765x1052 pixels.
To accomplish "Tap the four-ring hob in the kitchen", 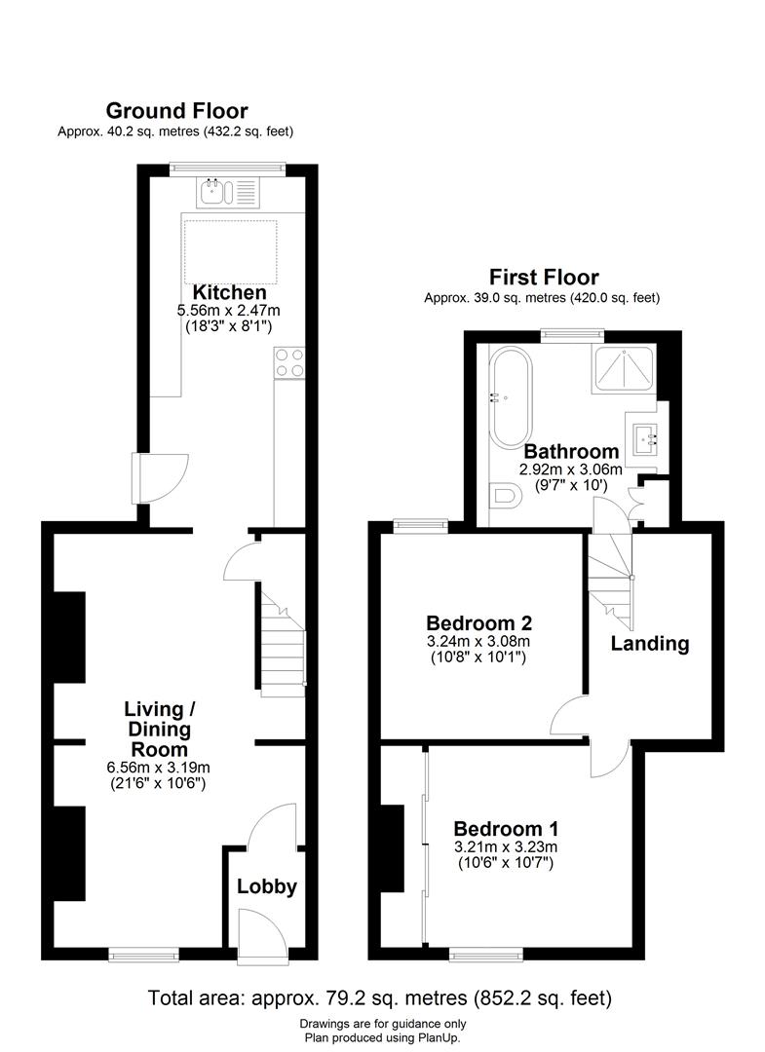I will pyautogui.click(x=290, y=362).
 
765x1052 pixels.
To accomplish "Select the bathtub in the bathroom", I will pyautogui.click(x=511, y=395).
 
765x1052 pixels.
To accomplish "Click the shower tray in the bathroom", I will pyautogui.click(x=622, y=370).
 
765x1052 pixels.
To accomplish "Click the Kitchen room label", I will pyautogui.click(x=229, y=293).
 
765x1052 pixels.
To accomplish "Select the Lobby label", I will pyautogui.click(x=266, y=886).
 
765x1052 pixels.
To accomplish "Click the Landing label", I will pyautogui.click(x=649, y=643).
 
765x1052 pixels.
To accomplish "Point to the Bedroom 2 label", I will pyautogui.click(x=478, y=622).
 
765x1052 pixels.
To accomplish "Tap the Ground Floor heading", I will pyautogui.click(x=176, y=111).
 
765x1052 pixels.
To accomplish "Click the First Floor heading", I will pyautogui.click(x=544, y=278).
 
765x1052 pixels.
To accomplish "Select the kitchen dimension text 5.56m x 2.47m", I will pyautogui.click(x=229, y=312).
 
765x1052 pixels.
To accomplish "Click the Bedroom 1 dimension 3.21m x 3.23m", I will pyautogui.click(x=506, y=846).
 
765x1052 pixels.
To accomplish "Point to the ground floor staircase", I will pyautogui.click(x=282, y=647).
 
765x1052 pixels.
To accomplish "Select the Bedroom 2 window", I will pyautogui.click(x=420, y=527).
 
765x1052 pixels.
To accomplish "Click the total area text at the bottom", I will pyautogui.click(x=379, y=998).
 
